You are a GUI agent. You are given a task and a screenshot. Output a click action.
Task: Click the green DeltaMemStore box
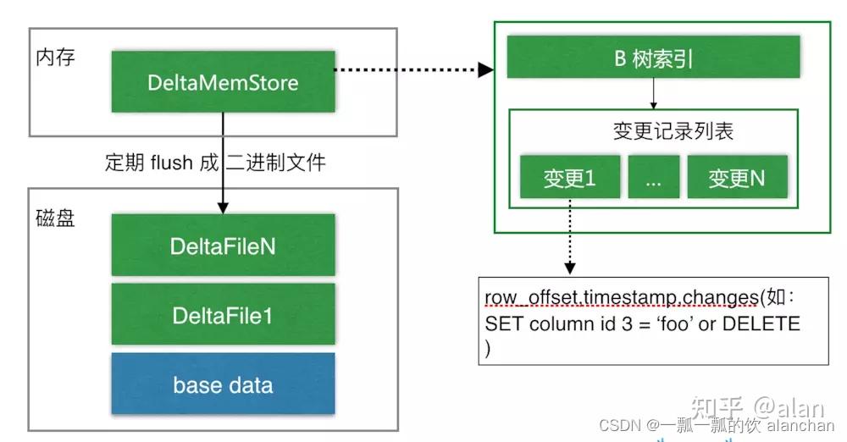223,82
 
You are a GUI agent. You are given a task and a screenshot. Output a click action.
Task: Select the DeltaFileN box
223,245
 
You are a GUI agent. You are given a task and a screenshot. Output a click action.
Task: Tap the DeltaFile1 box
223,314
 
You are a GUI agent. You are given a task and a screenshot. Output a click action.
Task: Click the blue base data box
223,384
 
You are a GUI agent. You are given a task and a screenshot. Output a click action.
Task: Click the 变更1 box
569,179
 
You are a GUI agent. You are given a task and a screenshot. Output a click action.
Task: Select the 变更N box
736,179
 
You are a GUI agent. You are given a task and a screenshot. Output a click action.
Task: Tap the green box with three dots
652,179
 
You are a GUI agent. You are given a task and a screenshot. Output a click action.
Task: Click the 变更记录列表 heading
673,131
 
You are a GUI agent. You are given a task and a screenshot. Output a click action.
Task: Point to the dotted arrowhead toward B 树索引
486,69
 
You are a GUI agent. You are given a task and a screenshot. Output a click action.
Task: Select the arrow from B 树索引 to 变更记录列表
653,93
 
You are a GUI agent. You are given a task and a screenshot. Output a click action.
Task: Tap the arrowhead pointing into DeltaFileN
223,206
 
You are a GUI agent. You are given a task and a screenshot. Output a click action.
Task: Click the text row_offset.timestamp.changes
622,299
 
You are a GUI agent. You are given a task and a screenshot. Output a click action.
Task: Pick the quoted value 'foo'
674,323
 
